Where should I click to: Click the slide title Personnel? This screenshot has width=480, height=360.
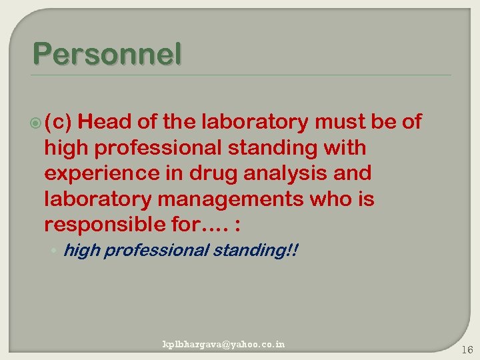(106, 55)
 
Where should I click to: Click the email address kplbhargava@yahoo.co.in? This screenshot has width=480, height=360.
(224, 344)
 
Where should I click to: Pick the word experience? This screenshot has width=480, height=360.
(93, 173)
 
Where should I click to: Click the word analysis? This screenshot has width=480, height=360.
(271, 173)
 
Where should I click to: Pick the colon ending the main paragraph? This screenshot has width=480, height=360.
(239, 225)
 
